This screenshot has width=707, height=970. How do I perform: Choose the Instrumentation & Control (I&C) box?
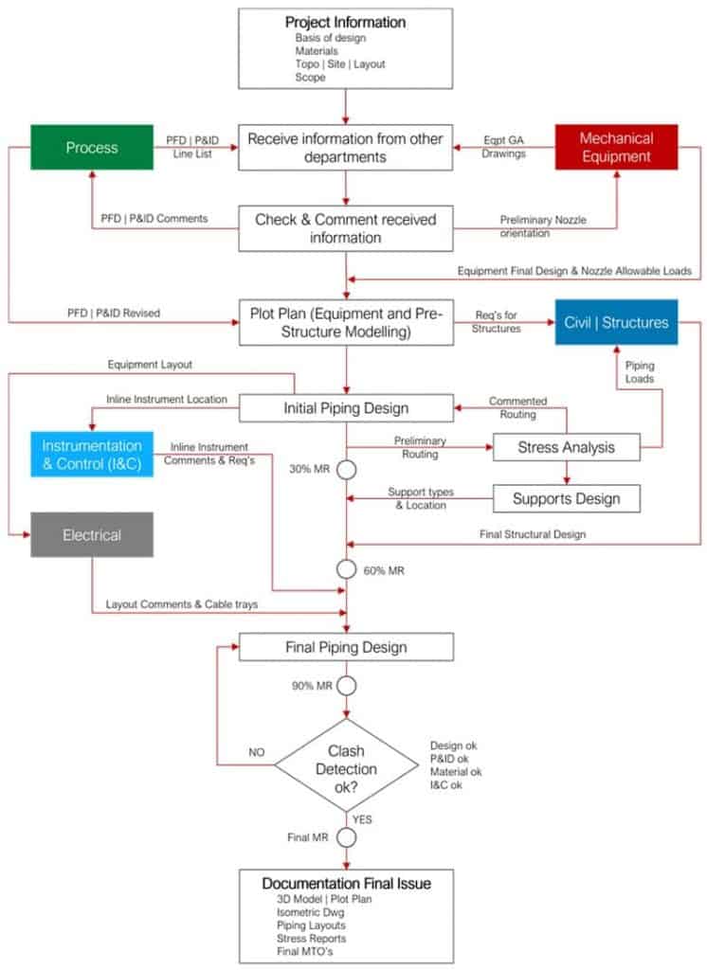(x=92, y=453)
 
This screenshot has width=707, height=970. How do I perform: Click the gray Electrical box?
(x=92, y=535)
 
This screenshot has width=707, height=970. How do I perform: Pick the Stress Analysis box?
(x=566, y=446)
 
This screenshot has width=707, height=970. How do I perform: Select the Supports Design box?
(x=566, y=497)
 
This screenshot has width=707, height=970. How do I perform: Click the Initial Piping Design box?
(x=346, y=408)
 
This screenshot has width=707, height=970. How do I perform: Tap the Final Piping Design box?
(x=346, y=648)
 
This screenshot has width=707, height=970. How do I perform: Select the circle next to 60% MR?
(x=347, y=570)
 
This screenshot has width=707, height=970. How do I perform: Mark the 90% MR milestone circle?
(x=347, y=685)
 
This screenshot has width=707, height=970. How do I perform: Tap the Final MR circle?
(x=347, y=837)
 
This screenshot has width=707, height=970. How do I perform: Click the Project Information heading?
(x=345, y=22)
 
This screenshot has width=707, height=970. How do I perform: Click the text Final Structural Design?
(x=534, y=534)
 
